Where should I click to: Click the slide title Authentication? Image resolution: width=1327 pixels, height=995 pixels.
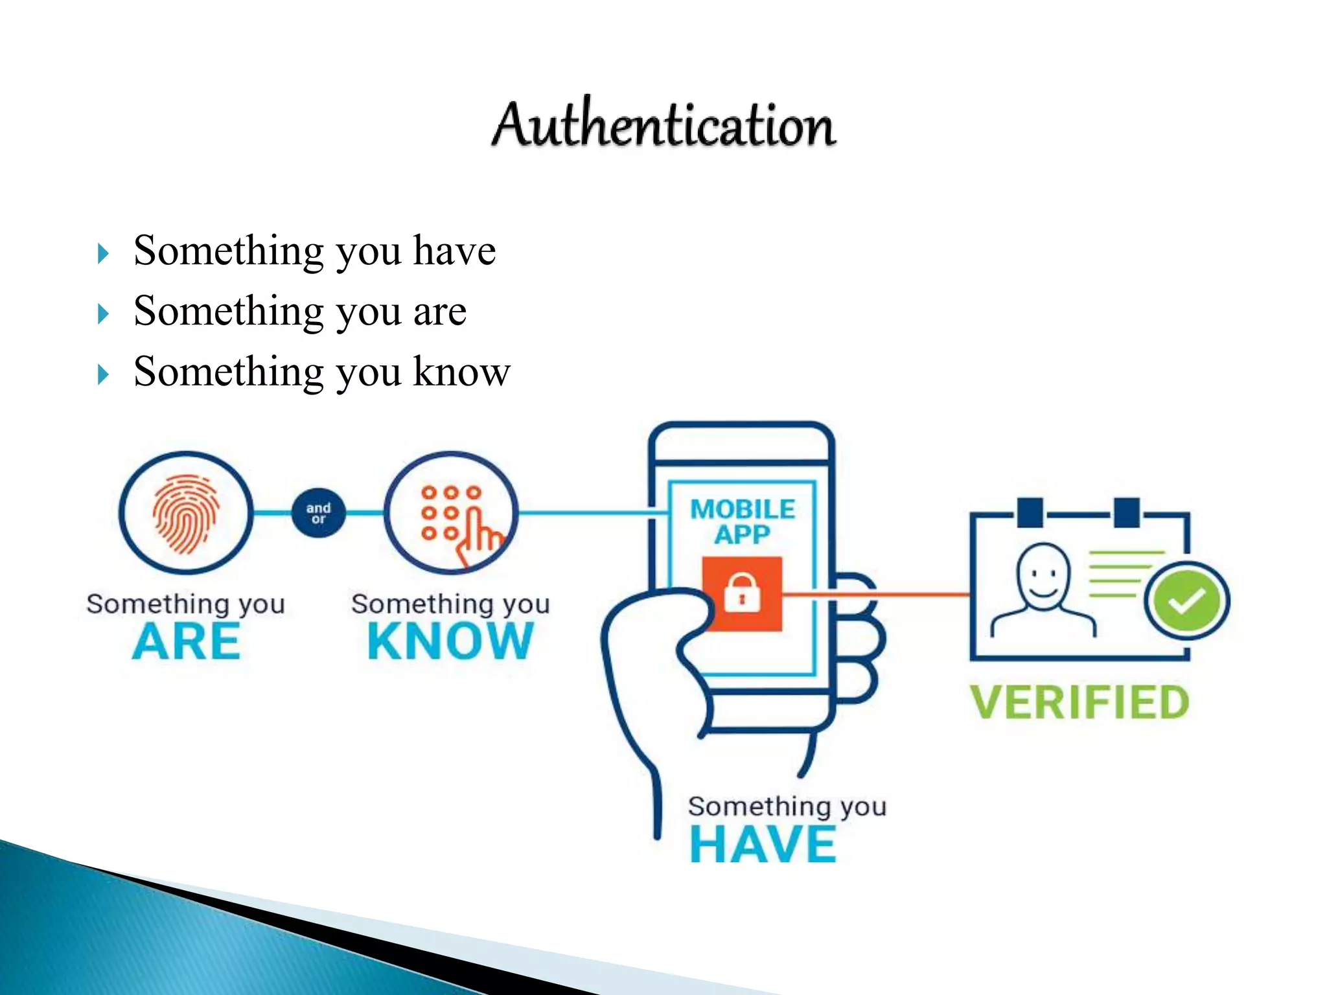663,124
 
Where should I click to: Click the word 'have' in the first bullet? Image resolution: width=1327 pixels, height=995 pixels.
454,251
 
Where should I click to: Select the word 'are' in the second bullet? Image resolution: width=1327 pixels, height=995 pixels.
439,312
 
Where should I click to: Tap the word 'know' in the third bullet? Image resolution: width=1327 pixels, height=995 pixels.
461,372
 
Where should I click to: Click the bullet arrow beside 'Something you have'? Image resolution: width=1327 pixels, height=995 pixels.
102,253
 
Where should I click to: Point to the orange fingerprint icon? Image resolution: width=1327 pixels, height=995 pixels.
186,514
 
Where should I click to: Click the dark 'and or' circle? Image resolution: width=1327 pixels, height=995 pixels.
318,513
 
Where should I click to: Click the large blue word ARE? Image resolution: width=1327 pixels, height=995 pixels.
187,641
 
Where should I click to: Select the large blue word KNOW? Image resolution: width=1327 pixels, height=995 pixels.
450,641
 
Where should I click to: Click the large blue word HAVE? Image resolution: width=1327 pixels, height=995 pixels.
763,844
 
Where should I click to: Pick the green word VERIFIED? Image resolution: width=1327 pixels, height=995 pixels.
1079,703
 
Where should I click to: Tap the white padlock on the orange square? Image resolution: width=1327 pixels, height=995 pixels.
742,592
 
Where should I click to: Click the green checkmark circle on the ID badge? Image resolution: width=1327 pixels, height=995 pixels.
1186,600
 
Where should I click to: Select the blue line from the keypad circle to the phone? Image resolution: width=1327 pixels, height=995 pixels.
590,513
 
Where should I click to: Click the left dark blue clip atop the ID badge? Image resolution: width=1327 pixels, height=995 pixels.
1030,512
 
